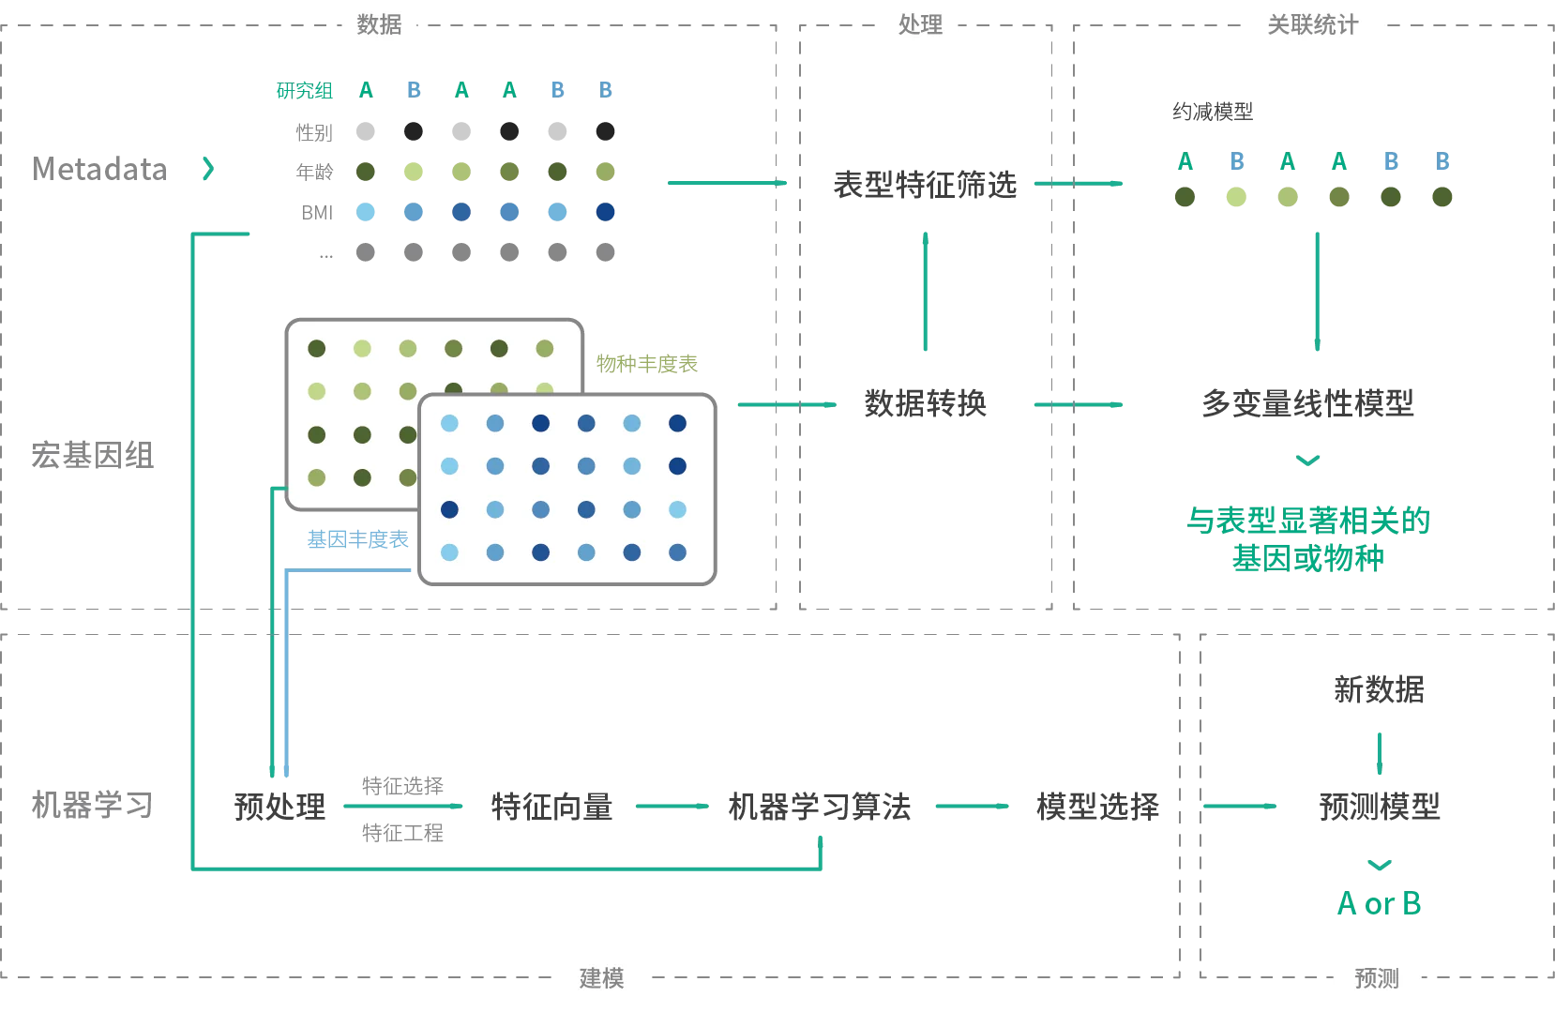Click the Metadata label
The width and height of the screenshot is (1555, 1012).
(x=100, y=170)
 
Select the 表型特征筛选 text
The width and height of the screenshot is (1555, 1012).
(x=925, y=185)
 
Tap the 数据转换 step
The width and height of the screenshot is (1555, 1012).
(x=925, y=403)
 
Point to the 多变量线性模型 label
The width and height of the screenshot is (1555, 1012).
(x=1307, y=403)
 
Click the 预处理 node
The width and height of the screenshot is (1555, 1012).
(x=279, y=807)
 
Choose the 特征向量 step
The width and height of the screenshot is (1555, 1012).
(x=551, y=807)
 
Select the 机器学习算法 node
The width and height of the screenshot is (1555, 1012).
(x=819, y=807)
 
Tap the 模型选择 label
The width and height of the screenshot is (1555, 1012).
(x=1097, y=807)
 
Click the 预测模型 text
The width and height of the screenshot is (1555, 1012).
(x=1380, y=807)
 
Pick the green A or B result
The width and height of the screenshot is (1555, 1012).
(x=1380, y=904)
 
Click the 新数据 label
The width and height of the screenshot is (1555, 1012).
(x=1380, y=690)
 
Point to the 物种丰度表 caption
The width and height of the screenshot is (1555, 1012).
(x=647, y=364)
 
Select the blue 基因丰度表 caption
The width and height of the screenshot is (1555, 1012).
(x=358, y=539)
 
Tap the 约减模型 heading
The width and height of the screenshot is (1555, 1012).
(x=1213, y=112)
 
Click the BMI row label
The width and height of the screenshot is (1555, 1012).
(x=317, y=213)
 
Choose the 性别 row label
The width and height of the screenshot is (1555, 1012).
(x=314, y=132)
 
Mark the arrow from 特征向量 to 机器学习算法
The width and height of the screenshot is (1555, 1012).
(x=672, y=807)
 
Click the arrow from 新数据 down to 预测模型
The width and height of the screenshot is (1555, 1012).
(x=1380, y=754)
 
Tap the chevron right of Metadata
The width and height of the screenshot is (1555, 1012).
(x=208, y=169)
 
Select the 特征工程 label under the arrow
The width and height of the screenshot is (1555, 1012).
(x=402, y=833)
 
